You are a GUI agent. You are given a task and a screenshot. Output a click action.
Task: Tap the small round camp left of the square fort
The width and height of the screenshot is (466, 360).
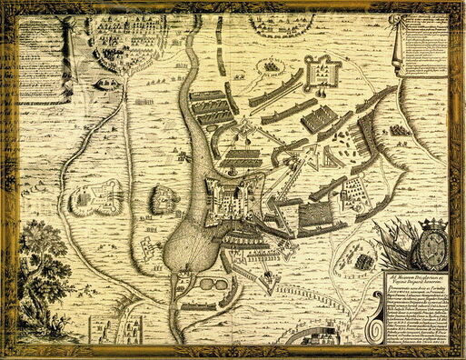click(272, 65)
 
